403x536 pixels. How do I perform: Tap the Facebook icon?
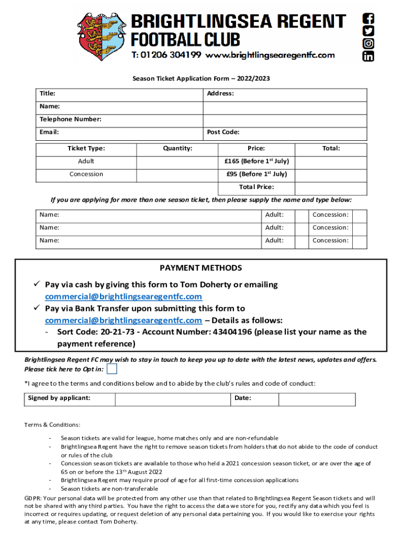(x=368, y=18)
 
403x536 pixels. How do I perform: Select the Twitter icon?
(x=368, y=31)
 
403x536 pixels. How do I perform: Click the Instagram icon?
(x=368, y=43)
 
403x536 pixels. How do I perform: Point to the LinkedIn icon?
(x=368, y=56)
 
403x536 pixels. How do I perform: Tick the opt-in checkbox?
(x=111, y=369)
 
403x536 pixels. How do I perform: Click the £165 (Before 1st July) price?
(x=256, y=161)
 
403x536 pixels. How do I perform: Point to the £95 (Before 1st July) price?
(x=256, y=174)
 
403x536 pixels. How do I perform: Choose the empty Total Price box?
(x=331, y=187)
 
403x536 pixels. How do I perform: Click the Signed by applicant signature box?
(x=172, y=399)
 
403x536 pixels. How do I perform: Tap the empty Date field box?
(x=317, y=399)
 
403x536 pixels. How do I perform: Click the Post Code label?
(x=223, y=132)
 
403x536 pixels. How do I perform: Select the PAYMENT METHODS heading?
(x=201, y=268)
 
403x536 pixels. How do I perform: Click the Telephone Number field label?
(x=71, y=119)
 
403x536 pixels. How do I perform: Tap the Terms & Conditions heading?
(x=52, y=425)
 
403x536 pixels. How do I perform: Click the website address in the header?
(x=270, y=55)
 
